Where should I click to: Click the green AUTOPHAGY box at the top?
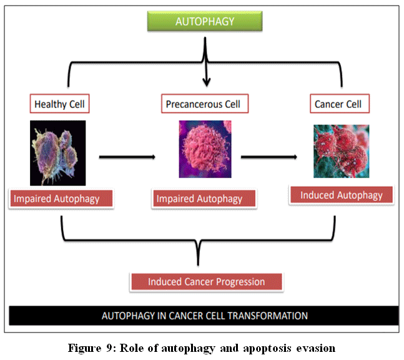[205, 21]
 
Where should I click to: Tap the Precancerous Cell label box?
[203, 104]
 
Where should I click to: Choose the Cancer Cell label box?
[338, 104]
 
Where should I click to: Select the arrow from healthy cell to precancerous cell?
[127, 156]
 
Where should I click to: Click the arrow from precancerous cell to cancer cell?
[269, 156]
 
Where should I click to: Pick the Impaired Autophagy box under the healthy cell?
[62, 199]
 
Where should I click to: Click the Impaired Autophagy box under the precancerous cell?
[199, 199]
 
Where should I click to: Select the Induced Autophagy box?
[341, 195]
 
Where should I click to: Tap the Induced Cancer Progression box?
[206, 282]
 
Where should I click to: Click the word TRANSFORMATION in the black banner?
[270, 316]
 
